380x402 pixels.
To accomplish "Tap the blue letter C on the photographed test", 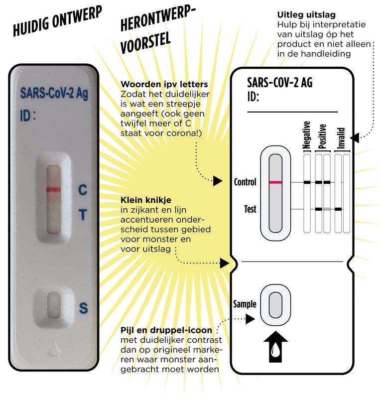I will (83, 190).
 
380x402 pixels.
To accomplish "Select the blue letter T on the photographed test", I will (83, 215).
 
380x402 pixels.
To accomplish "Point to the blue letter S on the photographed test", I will (83, 308).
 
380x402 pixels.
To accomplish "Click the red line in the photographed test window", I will (53, 189).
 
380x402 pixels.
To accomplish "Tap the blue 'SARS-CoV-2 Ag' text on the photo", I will (54, 94).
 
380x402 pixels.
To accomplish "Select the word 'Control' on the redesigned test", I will (245, 182).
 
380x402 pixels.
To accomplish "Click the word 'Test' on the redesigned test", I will (250, 209).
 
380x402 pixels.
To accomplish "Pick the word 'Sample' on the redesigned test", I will (245, 303).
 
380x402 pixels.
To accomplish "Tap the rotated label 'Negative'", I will (307, 135).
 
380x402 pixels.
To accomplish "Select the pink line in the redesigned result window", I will (275, 182).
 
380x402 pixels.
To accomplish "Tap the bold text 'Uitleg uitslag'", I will (302, 14).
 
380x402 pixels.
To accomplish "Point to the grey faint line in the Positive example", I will (327, 209).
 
